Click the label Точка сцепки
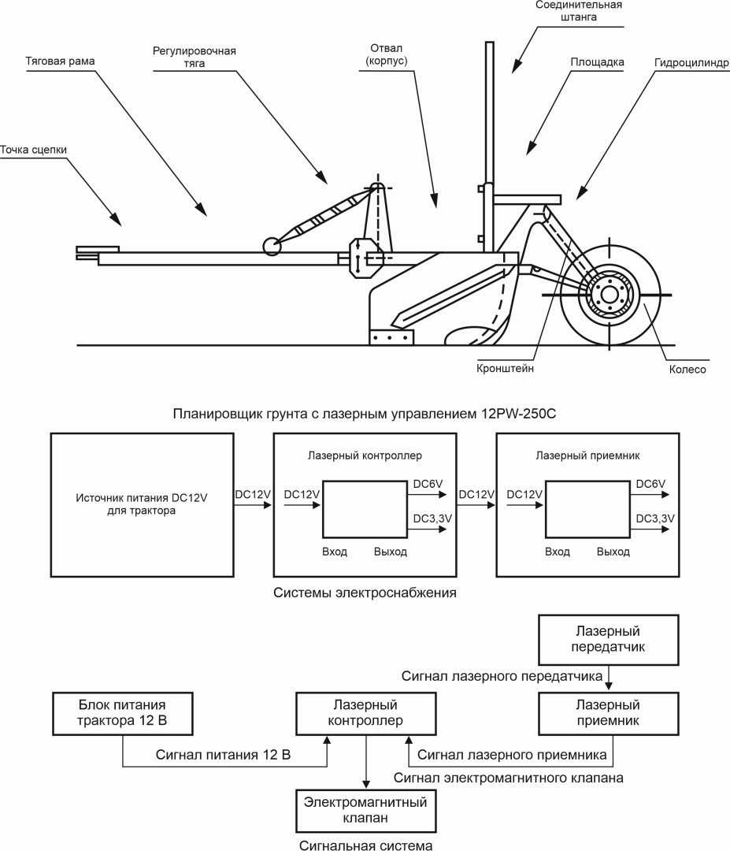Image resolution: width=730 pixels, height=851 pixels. (x=34, y=150)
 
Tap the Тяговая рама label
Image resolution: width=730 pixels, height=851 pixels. (x=60, y=61)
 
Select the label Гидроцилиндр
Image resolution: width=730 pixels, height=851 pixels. (x=692, y=63)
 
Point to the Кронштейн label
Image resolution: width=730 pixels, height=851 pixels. (x=506, y=369)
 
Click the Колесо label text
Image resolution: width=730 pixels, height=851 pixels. (x=687, y=370)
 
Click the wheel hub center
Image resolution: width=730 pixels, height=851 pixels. (x=610, y=295)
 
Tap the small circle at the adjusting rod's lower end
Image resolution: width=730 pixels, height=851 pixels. (x=272, y=246)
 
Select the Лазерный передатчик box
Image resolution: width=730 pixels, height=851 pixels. (x=609, y=640)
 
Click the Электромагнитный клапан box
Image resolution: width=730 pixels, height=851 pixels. (x=365, y=811)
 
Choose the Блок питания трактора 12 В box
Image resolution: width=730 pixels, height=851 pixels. (x=123, y=714)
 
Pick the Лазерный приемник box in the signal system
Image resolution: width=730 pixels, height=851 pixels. (x=609, y=714)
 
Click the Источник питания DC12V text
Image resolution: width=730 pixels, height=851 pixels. (x=142, y=498)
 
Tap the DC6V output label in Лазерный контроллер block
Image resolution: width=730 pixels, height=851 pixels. (x=428, y=484)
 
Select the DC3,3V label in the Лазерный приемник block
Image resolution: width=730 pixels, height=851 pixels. (x=655, y=518)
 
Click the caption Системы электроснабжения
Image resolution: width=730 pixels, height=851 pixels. (x=365, y=593)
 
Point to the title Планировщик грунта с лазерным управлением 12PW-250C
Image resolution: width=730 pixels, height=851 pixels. (x=365, y=414)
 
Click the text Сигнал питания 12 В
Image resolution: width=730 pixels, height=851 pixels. (x=223, y=755)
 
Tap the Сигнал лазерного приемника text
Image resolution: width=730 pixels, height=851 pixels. (x=512, y=755)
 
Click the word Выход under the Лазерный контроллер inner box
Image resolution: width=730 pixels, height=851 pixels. (x=391, y=552)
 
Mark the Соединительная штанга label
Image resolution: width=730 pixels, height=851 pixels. (x=579, y=11)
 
